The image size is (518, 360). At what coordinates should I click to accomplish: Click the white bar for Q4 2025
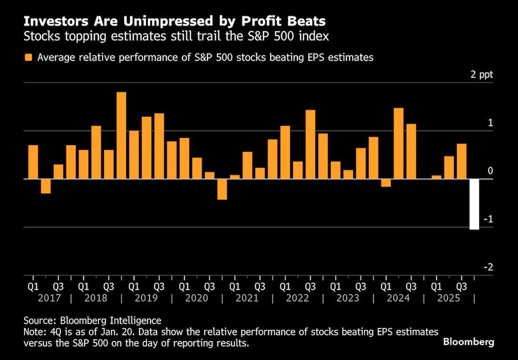[x=474, y=204]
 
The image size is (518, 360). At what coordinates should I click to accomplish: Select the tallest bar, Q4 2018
[x=121, y=136]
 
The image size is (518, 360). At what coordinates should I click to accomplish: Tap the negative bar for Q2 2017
[x=46, y=186]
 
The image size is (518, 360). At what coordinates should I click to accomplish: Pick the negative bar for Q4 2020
[x=222, y=189]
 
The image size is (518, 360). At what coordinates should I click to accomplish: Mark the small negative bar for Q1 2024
[x=386, y=183]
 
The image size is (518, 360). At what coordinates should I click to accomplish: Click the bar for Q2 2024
[x=398, y=144]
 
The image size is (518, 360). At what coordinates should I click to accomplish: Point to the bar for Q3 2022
[x=310, y=145]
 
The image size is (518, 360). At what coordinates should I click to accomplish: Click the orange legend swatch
[x=29, y=57]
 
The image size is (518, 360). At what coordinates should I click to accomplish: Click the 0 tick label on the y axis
[x=490, y=171]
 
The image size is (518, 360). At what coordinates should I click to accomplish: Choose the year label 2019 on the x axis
[x=146, y=298]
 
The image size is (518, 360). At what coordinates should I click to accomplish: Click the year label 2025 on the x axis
[x=449, y=298]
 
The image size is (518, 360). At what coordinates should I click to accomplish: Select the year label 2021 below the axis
[x=247, y=298]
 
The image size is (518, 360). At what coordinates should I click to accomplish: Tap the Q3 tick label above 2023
[x=361, y=286]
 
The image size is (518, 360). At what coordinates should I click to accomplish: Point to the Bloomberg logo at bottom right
[x=469, y=342]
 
